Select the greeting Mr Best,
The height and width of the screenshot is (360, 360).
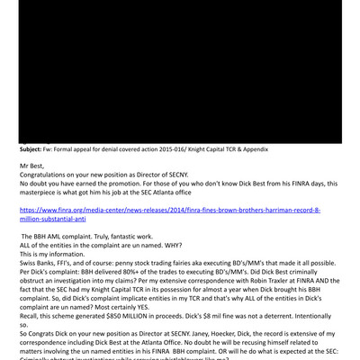tap(34, 166)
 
